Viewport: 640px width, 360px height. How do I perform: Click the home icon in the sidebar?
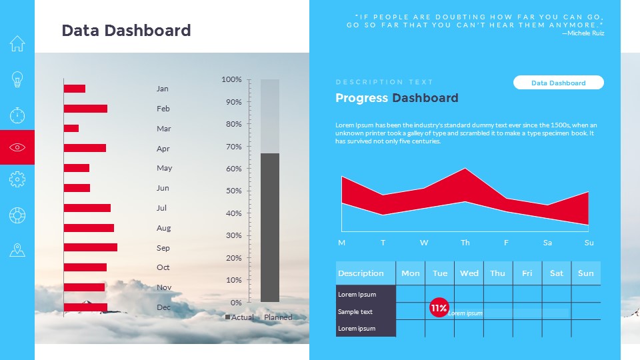coord(17,44)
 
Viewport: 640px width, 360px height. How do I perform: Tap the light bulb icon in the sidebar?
coord(17,80)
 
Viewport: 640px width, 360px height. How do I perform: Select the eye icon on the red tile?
coord(17,147)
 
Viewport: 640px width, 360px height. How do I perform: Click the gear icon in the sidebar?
coord(17,179)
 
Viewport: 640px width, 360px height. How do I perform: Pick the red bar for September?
coord(91,247)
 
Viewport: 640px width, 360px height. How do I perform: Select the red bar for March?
coord(71,128)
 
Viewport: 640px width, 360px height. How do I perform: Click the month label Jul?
coord(162,208)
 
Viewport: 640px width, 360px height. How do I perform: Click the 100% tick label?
coord(231,80)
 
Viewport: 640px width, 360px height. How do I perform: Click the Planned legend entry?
coord(278,317)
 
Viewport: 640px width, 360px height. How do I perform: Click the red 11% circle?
coord(439,308)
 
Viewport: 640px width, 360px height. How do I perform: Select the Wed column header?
coord(469,273)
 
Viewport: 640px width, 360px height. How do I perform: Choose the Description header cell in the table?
coord(361,273)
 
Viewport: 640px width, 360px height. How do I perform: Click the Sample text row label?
coord(355,311)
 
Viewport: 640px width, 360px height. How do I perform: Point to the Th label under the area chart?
coord(465,243)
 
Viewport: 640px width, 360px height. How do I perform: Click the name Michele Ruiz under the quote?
coord(585,33)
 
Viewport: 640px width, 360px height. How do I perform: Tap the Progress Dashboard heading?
coord(397,98)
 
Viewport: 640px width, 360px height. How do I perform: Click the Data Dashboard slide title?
coord(126,30)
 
